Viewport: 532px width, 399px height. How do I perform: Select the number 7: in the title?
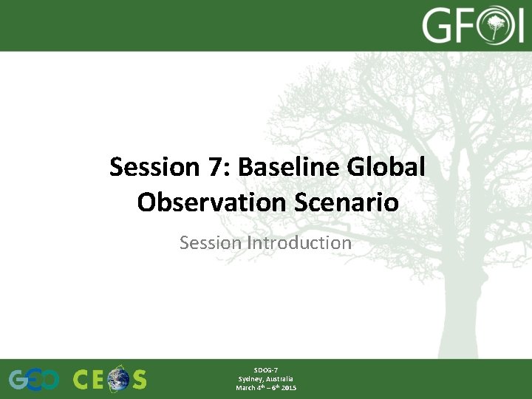[217, 167]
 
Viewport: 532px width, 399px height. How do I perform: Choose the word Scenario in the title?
[345, 202]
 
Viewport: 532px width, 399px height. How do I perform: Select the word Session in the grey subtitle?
[211, 242]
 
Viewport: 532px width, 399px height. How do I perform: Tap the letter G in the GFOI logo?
[438, 27]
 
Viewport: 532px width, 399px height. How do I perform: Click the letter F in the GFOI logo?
[466, 27]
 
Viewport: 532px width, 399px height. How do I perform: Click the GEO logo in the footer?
[33, 380]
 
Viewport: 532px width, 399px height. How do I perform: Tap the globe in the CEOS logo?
[117, 380]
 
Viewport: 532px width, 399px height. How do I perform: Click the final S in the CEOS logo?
[138, 380]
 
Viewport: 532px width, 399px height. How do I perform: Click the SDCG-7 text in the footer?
[266, 369]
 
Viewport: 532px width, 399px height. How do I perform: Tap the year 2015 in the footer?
[288, 388]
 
